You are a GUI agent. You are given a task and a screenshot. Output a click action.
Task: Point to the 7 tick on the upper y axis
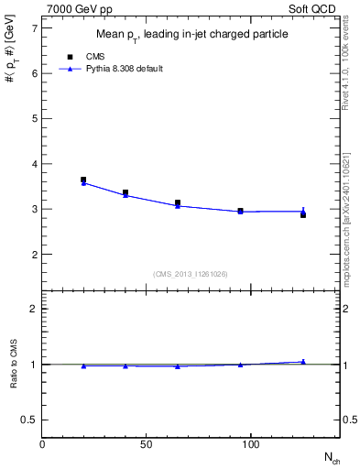[36, 28]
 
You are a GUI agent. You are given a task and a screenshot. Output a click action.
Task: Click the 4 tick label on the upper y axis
[36, 164]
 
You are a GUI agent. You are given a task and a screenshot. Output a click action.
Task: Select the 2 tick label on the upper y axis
[36, 254]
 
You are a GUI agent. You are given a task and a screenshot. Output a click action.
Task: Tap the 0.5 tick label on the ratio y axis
[30, 420]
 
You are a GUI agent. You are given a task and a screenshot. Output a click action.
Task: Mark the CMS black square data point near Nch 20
[83, 180]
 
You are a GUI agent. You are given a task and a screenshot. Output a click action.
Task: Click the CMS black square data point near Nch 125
[303, 214]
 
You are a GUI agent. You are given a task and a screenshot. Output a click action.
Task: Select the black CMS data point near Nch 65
[178, 202]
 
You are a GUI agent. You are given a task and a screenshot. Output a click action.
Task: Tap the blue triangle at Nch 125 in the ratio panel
[303, 362]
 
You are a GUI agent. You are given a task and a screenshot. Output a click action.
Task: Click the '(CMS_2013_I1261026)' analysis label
[191, 273]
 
